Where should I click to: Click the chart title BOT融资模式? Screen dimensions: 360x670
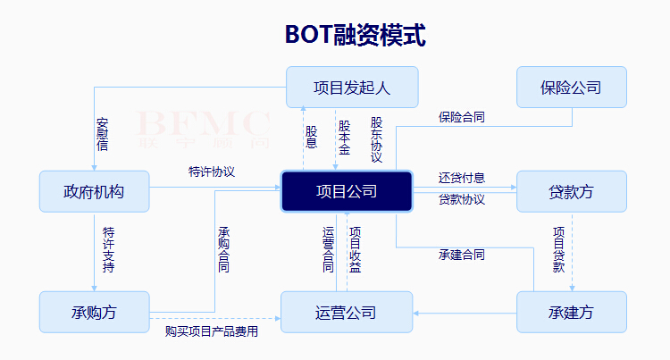coord(355,35)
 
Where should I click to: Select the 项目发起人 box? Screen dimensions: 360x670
coord(352,88)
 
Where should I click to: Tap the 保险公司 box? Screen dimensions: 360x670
coord(571,88)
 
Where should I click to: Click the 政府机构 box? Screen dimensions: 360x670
coord(94,192)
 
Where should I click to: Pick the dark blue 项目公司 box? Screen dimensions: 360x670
coord(347,192)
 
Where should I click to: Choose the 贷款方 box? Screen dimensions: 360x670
coord(571,192)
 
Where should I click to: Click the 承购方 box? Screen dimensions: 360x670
coord(94,313)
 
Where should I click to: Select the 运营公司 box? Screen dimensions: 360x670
coord(346,313)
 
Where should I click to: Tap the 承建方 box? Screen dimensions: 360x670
coord(571,313)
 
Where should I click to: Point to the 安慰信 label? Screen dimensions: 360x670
coord(103,134)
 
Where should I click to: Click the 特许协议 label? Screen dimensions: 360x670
coord(212,172)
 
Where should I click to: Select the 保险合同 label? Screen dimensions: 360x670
coord(462,117)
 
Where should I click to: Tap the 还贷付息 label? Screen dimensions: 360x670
coord(462,178)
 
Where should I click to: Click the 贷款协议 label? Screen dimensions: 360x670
coord(462,199)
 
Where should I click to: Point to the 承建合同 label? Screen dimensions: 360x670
coord(462,255)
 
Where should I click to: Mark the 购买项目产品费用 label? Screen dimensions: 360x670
coord(212,331)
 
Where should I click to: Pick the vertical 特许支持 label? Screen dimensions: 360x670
coord(108,249)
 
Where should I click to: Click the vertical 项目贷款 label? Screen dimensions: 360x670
coord(558,249)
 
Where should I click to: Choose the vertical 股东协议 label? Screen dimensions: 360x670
coord(377,139)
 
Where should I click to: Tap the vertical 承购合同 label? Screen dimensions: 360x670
coord(223,249)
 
